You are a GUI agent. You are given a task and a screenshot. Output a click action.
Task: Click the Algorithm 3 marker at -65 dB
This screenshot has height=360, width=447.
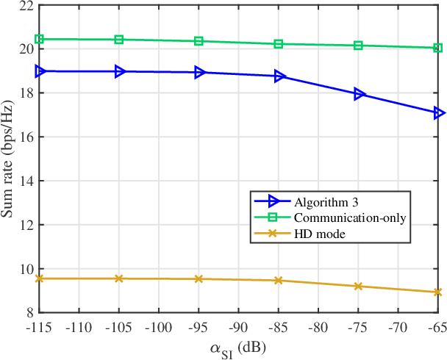[x=439, y=113]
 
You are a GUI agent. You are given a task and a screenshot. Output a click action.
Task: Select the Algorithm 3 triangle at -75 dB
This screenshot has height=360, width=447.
[x=359, y=94]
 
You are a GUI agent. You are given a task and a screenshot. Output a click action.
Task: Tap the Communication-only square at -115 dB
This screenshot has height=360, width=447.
[x=40, y=39]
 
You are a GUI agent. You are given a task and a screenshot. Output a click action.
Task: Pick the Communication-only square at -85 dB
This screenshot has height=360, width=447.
[x=279, y=44]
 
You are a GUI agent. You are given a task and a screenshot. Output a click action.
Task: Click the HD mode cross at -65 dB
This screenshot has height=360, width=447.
[x=438, y=292]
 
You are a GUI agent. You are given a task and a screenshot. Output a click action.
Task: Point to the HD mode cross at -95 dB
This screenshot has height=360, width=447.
[x=199, y=279]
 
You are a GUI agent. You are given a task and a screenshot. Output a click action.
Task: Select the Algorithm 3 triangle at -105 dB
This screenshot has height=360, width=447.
[x=119, y=71]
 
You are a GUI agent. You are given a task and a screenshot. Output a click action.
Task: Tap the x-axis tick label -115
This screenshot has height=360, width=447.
[x=40, y=325]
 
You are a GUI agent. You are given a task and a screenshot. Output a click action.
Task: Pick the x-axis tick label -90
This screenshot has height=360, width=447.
[x=238, y=325]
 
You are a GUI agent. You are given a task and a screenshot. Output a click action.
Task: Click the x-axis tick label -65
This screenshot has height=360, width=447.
[x=437, y=325]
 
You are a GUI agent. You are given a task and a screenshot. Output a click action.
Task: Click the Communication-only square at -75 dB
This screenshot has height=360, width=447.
[x=359, y=46]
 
